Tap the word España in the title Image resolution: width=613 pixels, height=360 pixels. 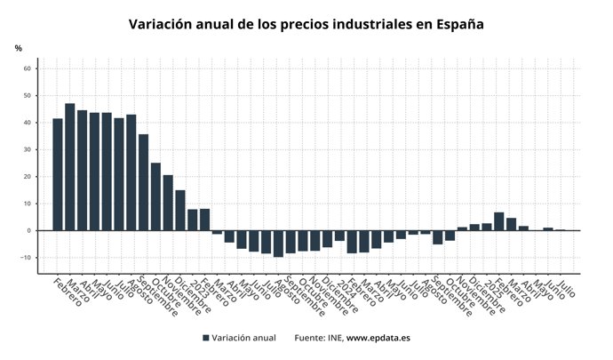[459, 24]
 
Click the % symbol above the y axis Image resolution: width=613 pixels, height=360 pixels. [18, 48]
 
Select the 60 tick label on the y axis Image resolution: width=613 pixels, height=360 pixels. [28, 68]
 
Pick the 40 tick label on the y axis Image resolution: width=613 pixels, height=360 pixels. [28, 123]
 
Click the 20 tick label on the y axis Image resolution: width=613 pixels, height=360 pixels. [28, 177]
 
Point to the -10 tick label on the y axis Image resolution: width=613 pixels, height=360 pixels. [26, 258]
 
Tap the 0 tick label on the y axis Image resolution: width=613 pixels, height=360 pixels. [29, 231]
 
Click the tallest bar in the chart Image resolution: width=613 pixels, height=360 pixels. [69, 167]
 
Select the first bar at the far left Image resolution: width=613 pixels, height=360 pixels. [58, 174]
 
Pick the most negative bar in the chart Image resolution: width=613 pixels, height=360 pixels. [278, 244]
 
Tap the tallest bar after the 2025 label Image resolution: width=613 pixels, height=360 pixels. [499, 221]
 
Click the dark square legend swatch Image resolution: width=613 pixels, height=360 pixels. [206, 338]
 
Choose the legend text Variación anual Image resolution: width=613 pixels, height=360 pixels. [244, 338]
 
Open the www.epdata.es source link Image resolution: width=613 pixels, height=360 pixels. [378, 338]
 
